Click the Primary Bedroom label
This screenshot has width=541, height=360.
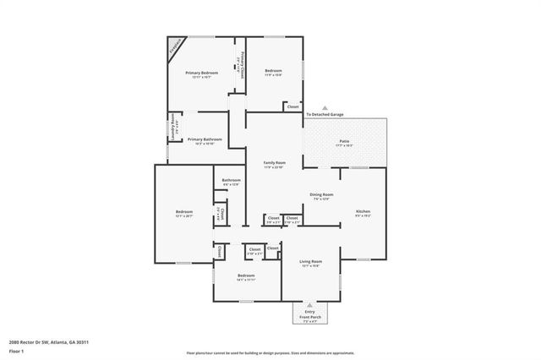202,74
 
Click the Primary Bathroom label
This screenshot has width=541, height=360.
205,139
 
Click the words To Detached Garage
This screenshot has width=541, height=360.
325,113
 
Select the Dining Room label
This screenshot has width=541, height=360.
322,195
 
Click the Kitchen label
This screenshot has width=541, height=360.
363,211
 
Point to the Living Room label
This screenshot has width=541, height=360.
312,262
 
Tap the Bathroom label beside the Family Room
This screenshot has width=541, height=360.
232,180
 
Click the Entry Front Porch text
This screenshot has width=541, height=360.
309,314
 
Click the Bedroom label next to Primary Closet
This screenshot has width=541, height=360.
272,71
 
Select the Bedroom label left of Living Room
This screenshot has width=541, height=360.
246,276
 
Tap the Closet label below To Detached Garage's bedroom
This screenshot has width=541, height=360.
292,107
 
